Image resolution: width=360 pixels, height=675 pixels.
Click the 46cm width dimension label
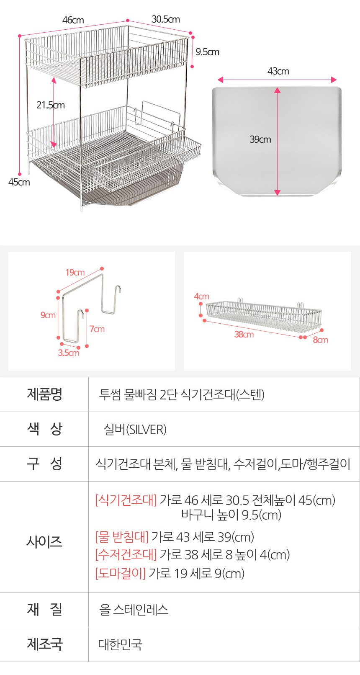(x=73, y=20)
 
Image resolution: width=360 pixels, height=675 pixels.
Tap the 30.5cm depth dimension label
(x=166, y=19)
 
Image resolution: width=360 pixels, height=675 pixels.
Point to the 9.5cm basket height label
(x=207, y=52)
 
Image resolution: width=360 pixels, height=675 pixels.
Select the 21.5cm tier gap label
(x=51, y=105)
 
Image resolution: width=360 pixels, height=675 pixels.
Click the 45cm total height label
(x=19, y=182)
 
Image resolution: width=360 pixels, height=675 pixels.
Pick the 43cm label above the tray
(x=278, y=71)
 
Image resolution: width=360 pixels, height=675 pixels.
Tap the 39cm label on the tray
(x=260, y=139)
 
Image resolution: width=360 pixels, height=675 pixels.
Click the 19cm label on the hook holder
(x=75, y=273)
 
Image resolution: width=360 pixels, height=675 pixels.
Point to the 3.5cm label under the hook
(x=69, y=353)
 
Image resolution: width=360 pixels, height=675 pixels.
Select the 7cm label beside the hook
(x=97, y=329)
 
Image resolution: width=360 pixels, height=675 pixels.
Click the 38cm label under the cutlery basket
(x=244, y=335)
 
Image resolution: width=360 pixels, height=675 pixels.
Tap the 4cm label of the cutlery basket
(x=202, y=296)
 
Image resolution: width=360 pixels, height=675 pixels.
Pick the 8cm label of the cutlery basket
(x=321, y=340)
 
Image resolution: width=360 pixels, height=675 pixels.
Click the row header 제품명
(x=44, y=394)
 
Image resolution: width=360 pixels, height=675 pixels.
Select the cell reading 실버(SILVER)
(x=135, y=429)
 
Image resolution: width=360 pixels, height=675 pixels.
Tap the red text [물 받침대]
(x=122, y=536)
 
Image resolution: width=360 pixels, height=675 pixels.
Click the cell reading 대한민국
(x=121, y=644)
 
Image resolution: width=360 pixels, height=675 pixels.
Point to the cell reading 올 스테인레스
(x=134, y=609)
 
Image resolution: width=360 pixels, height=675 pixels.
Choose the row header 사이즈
(x=44, y=541)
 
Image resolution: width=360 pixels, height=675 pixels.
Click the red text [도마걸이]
(x=121, y=573)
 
